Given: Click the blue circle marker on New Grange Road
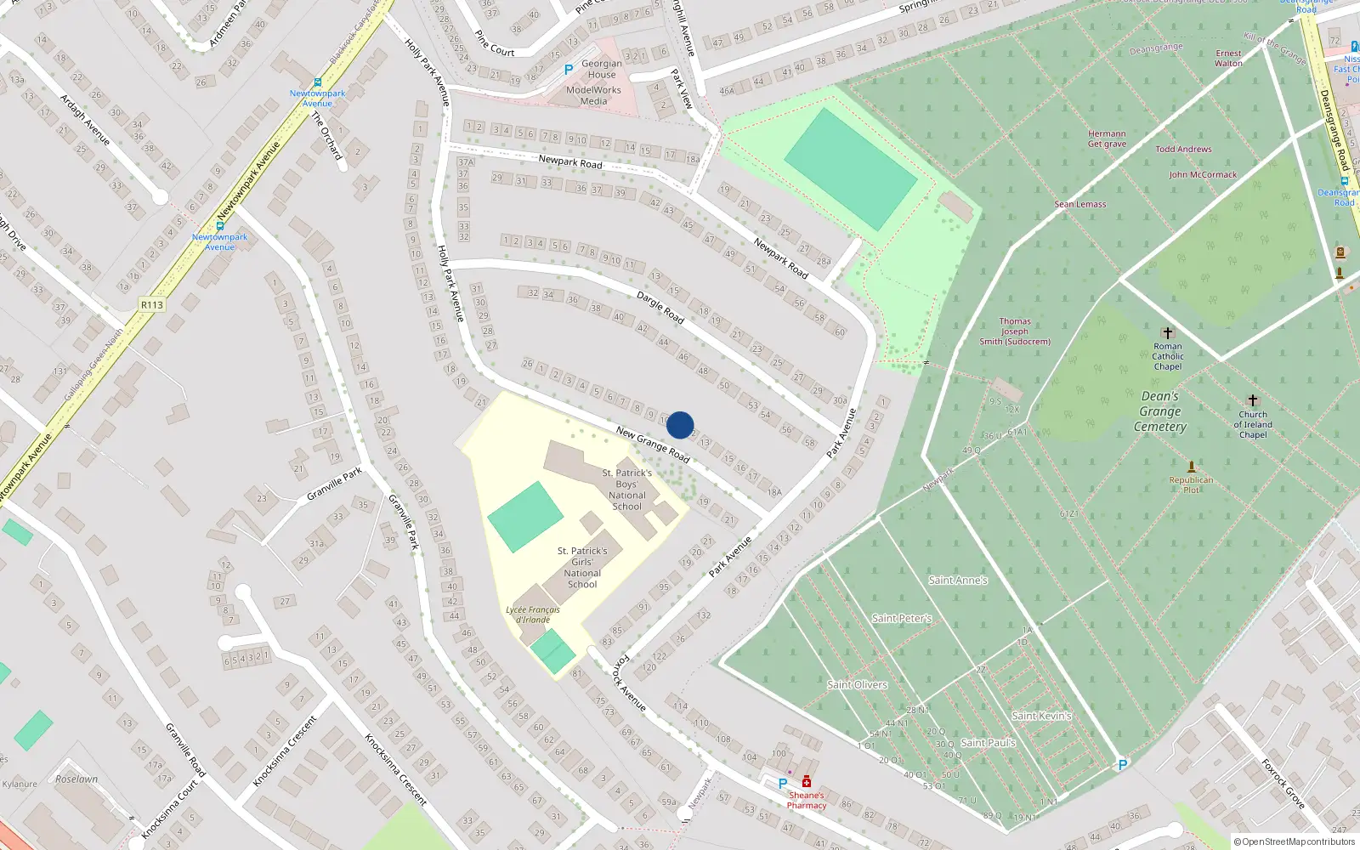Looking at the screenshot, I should [680, 425].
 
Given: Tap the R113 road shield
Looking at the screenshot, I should [152, 304].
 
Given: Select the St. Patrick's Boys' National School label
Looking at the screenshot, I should [627, 490].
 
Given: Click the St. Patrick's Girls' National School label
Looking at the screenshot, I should [582, 568].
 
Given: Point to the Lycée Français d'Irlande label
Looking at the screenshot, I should [533, 615].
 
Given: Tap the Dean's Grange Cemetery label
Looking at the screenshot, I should [1160, 411].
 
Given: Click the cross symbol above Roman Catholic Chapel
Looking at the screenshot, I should [1167, 332].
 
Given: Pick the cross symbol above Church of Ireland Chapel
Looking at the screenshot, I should [1252, 400].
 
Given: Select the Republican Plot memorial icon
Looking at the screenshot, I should [1191, 467].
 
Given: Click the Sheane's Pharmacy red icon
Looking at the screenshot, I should [806, 782].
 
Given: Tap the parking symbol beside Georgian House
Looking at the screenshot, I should [569, 70].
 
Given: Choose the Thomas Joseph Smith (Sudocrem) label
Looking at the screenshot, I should [1015, 331].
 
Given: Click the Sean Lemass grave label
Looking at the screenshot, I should [1080, 204].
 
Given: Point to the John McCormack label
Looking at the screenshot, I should [1203, 174].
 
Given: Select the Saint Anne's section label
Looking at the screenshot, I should [958, 581].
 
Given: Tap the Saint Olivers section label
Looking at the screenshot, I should [857, 685].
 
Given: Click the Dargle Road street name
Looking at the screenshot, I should [660, 307].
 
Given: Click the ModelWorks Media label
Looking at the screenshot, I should [593, 95].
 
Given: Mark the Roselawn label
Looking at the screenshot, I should [76, 779].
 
